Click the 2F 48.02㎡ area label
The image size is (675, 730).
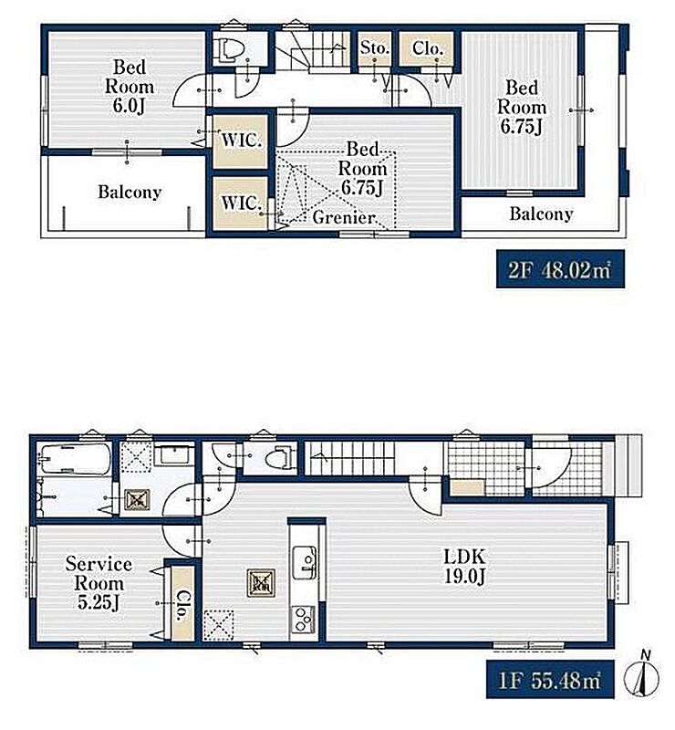[x=560, y=269]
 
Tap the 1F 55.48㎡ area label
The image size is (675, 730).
[x=550, y=680]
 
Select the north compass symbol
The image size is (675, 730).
[x=642, y=675]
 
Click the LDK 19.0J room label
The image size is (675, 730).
[x=464, y=566]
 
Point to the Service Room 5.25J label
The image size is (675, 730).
[x=99, y=583]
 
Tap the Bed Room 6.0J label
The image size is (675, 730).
[x=129, y=87]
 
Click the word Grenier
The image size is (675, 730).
[x=344, y=217]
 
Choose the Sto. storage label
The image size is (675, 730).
[x=375, y=47]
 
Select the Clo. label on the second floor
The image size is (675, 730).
[x=427, y=48]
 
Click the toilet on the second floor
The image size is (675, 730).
[x=228, y=48]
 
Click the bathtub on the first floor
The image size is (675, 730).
[x=75, y=459]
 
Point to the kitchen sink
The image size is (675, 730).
[x=305, y=562]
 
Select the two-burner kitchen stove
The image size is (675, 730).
[x=304, y=620]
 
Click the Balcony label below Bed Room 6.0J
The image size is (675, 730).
[x=130, y=192]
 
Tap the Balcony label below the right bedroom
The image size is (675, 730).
[x=541, y=214]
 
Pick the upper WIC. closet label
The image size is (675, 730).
[x=241, y=140]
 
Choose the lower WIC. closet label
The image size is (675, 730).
[x=241, y=203]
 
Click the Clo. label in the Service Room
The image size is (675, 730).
[x=182, y=605]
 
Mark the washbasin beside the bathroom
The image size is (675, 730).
[x=171, y=454]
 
